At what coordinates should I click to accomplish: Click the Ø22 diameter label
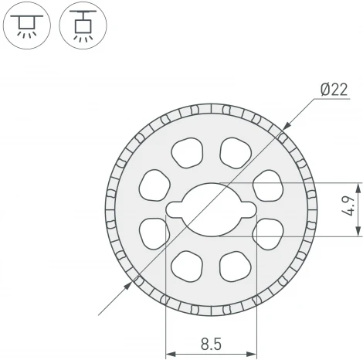pos(334,90)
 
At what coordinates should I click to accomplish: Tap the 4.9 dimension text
pos(348,206)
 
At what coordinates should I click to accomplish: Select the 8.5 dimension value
pos(211,344)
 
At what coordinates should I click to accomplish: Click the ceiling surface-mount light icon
pos(27,25)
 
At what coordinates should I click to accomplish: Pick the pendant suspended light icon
pos(83,25)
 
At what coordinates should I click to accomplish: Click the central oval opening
pos(212,209)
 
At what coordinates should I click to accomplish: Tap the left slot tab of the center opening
pos(175,209)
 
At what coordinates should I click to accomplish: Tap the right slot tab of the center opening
pos(249,209)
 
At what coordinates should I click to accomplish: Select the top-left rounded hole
pos(187,153)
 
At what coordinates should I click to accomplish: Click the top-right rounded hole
pos(236,153)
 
